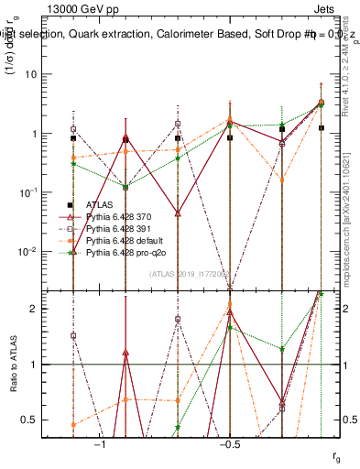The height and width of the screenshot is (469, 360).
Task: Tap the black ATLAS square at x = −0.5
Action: click(230, 138)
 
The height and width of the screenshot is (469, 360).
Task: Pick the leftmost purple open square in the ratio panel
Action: click(73, 336)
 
